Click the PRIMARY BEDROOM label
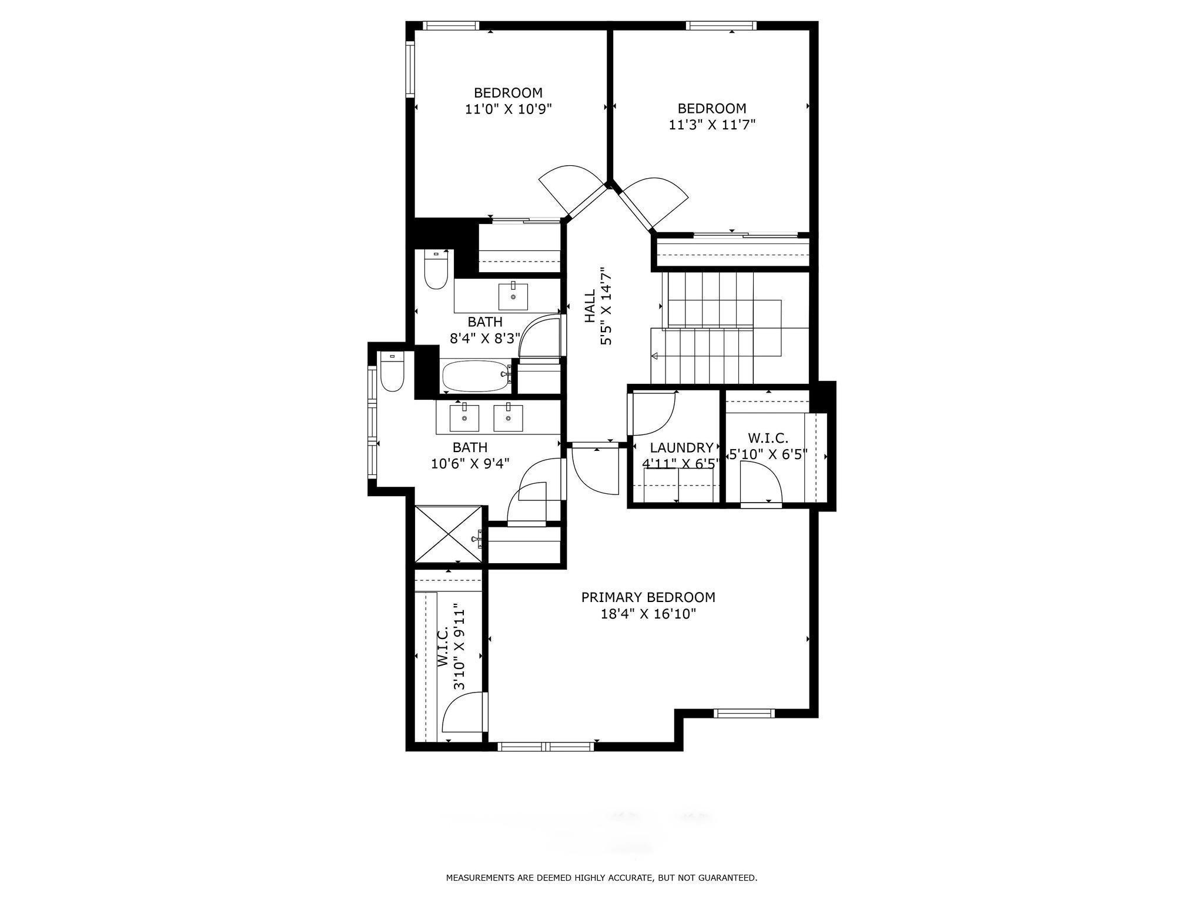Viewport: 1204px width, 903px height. [648, 597]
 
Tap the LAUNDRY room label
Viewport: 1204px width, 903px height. [681, 448]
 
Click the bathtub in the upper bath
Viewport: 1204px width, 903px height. [475, 376]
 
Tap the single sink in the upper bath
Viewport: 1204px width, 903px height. [513, 296]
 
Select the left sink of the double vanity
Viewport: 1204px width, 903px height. [464, 417]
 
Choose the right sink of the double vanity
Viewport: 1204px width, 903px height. [508, 417]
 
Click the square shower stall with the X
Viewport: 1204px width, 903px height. [449, 534]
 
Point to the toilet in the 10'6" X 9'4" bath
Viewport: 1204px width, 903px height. [392, 372]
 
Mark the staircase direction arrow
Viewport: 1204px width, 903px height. [655, 356]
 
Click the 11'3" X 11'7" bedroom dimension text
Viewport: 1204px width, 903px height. [711, 125]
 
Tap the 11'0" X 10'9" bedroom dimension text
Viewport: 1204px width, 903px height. [509, 109]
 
